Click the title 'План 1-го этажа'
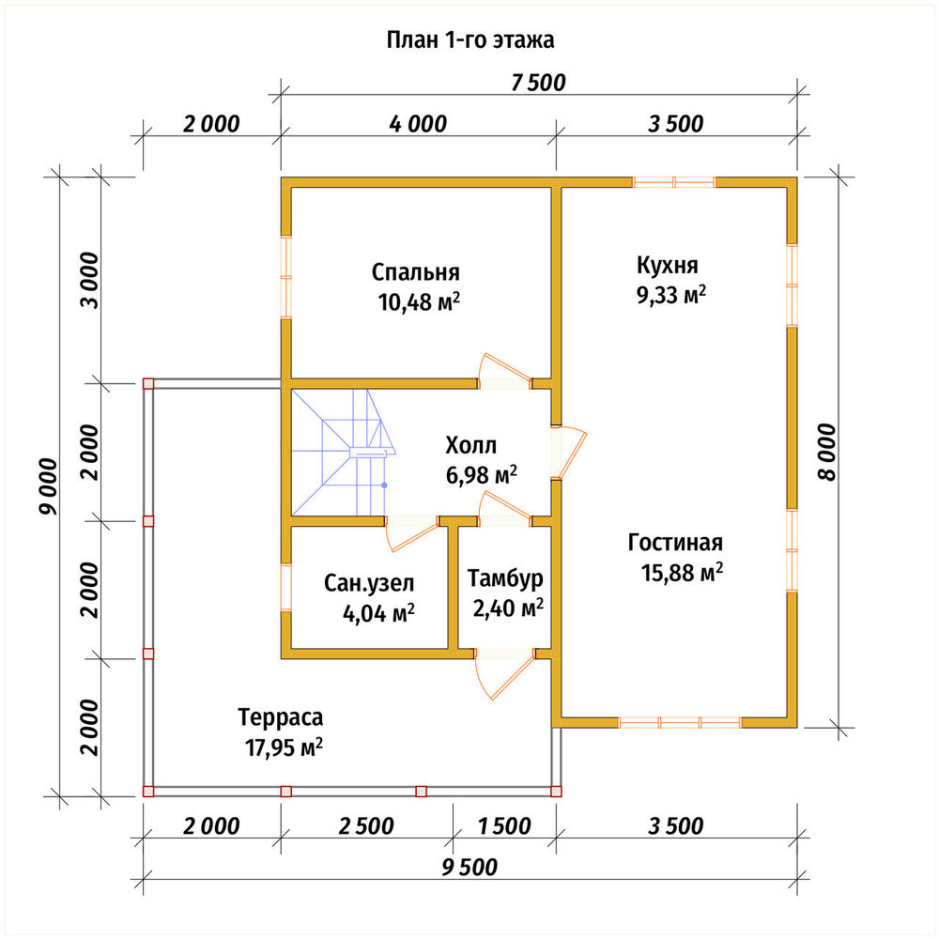point(470,40)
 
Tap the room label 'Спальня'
point(416,272)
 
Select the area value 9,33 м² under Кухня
point(671,295)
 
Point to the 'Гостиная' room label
point(675,543)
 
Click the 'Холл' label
point(470,445)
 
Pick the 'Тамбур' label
point(505,578)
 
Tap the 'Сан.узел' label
point(369,583)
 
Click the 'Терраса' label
point(280,716)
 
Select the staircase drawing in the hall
point(343,453)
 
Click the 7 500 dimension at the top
point(538,83)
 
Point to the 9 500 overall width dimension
point(469,867)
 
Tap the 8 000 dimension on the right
point(826,453)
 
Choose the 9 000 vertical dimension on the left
point(49,486)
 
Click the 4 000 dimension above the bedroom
point(418,124)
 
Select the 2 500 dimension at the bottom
point(366,825)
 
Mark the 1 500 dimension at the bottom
point(504,825)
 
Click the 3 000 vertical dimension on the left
point(89,280)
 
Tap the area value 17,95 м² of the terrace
point(284,747)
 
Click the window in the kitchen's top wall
point(674,182)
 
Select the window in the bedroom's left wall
point(286,277)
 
